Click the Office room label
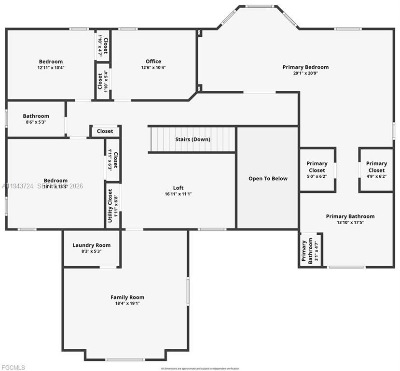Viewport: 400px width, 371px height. [153, 61]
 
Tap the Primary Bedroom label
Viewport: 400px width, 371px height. [305, 67]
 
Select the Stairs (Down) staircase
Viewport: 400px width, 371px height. [192, 139]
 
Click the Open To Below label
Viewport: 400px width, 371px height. [268, 178]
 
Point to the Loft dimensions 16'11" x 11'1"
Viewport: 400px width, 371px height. [179, 194]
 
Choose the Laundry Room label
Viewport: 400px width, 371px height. [91, 245]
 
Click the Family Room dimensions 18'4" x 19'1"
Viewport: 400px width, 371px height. [127, 304]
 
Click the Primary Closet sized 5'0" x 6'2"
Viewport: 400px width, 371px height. [317, 170]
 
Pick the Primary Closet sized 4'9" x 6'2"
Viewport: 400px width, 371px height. [376, 170]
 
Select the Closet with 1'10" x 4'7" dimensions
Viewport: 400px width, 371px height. [103, 45]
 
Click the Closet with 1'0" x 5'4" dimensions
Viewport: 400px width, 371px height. [103, 81]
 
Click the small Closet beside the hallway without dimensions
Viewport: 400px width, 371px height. [105, 131]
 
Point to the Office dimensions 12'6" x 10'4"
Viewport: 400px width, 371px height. [153, 68]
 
